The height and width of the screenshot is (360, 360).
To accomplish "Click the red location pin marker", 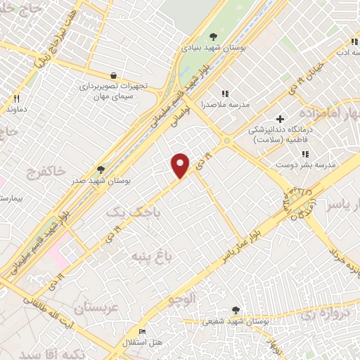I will [x=181, y=165].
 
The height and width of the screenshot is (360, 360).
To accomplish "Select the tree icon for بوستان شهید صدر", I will [x=101, y=169].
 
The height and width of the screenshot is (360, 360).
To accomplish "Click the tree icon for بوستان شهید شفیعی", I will [x=236, y=310].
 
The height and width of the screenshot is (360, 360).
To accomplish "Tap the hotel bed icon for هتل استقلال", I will [x=143, y=332].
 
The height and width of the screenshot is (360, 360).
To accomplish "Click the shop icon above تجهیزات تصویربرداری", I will [x=113, y=75].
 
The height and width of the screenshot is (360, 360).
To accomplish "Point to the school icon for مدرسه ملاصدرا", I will [x=225, y=93].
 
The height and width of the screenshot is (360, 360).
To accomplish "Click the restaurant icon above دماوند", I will [x=15, y=99].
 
